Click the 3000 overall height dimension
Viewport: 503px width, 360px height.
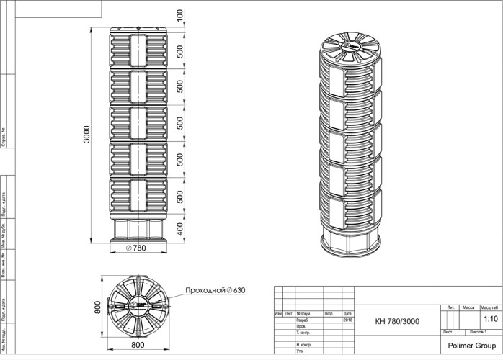[86, 135]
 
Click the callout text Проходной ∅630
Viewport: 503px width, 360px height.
[215, 290]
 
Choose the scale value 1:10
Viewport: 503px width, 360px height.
[490, 318]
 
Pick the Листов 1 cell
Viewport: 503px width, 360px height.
[477, 333]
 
